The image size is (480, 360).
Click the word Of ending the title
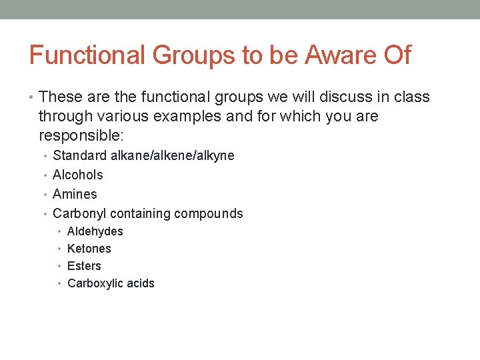pyautogui.click(x=397, y=55)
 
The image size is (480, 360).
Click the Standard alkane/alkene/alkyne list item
pyautogui.click(x=143, y=155)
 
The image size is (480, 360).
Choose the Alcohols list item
pyautogui.click(x=77, y=175)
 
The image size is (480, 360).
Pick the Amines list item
pyautogui.click(x=75, y=194)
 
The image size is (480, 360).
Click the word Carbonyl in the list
pyautogui.click(x=79, y=213)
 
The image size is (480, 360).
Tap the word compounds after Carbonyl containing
pyautogui.click(x=209, y=213)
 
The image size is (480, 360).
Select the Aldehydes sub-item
pyautogui.click(x=95, y=231)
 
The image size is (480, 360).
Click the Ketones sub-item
pyautogui.click(x=89, y=249)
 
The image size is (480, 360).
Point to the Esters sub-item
pyautogui.click(x=84, y=266)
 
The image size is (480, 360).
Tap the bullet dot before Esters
pyautogui.click(x=60, y=267)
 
